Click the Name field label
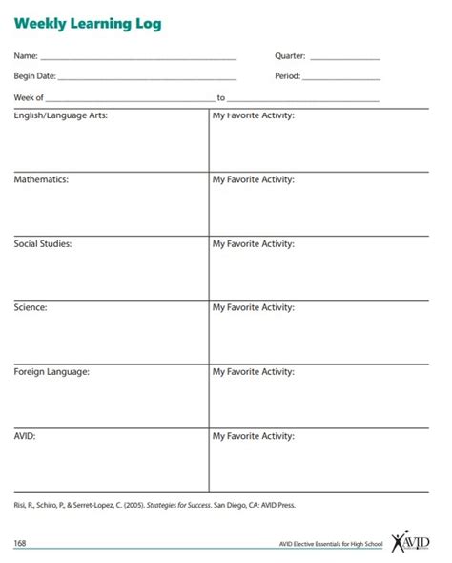[x=26, y=55]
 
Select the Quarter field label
[x=290, y=55]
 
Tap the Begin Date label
[x=34, y=76]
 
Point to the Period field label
[x=287, y=76]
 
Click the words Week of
[x=29, y=97]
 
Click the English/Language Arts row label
[x=60, y=115]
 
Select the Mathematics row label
[x=41, y=179]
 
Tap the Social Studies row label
[x=43, y=244]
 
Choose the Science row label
[x=31, y=308]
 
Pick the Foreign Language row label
[x=51, y=372]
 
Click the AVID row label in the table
[x=26, y=436]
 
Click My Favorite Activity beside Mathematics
[x=253, y=179]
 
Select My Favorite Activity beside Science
[x=253, y=308]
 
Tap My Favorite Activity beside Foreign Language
[x=253, y=372]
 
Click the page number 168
[x=20, y=543]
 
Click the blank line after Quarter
[x=344, y=58]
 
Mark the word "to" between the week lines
[x=221, y=97]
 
